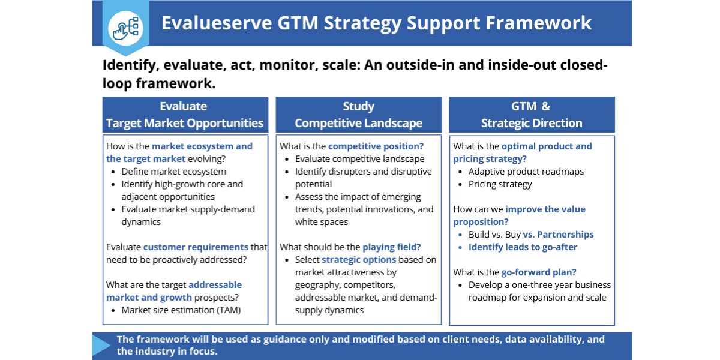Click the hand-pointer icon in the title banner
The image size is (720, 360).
tap(125, 28)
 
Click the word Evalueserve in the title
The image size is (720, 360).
tap(217, 23)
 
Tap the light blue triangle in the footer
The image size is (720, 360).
tap(101, 345)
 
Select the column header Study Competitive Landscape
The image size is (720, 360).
tap(358, 115)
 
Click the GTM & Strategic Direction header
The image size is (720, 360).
tap(532, 115)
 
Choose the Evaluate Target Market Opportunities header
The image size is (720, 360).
tap(185, 115)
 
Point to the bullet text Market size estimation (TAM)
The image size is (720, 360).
tap(181, 310)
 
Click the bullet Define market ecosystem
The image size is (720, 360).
tap(173, 172)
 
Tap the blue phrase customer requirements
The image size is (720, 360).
tap(196, 247)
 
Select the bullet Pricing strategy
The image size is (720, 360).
tap(500, 184)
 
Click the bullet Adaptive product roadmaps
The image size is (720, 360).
tap(526, 172)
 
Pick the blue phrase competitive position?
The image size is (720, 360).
tap(376, 146)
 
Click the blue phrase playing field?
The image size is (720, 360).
tap(391, 247)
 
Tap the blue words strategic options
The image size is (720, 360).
tap(359, 260)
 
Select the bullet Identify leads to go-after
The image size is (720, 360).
tap(523, 247)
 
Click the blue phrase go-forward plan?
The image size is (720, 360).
tap(539, 272)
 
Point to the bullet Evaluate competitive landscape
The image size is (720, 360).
tap(359, 159)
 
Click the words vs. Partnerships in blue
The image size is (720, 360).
tap(558, 235)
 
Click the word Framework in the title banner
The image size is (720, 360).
tap(538, 23)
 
